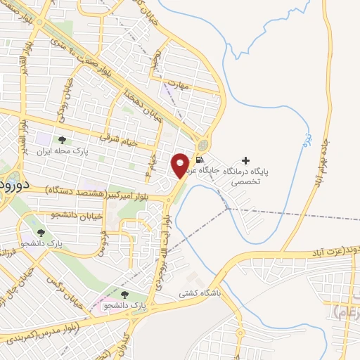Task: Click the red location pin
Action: (181, 165)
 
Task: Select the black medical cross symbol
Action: (245, 161)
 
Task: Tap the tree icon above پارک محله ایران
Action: (60, 140)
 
